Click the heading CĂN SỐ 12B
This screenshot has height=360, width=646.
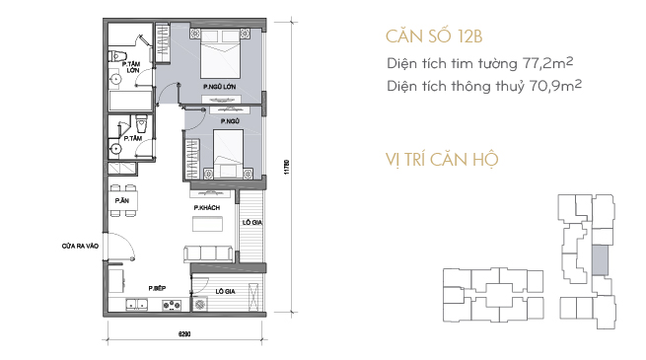click(x=434, y=36)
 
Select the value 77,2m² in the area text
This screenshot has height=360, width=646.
click(x=547, y=63)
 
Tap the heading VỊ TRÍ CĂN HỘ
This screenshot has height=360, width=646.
click(x=442, y=160)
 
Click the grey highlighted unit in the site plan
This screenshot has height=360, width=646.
click(x=600, y=260)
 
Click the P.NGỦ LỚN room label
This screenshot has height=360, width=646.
click(x=220, y=87)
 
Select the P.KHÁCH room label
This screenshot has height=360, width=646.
click(x=207, y=207)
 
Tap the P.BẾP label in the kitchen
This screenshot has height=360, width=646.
click(x=157, y=288)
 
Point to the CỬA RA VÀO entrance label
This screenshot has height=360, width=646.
click(x=80, y=246)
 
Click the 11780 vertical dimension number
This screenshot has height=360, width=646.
click(x=287, y=167)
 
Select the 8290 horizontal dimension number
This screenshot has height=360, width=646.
click(x=184, y=334)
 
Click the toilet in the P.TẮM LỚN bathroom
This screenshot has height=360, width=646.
click(x=117, y=55)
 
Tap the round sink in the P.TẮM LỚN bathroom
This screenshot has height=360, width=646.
click(x=115, y=79)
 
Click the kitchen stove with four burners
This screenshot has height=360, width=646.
click(x=172, y=305)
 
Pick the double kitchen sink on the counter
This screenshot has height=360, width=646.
click(x=137, y=305)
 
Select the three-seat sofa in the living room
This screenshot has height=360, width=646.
click(x=208, y=253)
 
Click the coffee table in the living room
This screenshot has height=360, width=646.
click(x=207, y=224)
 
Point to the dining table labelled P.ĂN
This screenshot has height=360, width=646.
click(x=123, y=201)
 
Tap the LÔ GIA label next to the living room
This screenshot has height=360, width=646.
click(x=252, y=223)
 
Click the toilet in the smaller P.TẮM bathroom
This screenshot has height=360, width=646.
click(x=141, y=122)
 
